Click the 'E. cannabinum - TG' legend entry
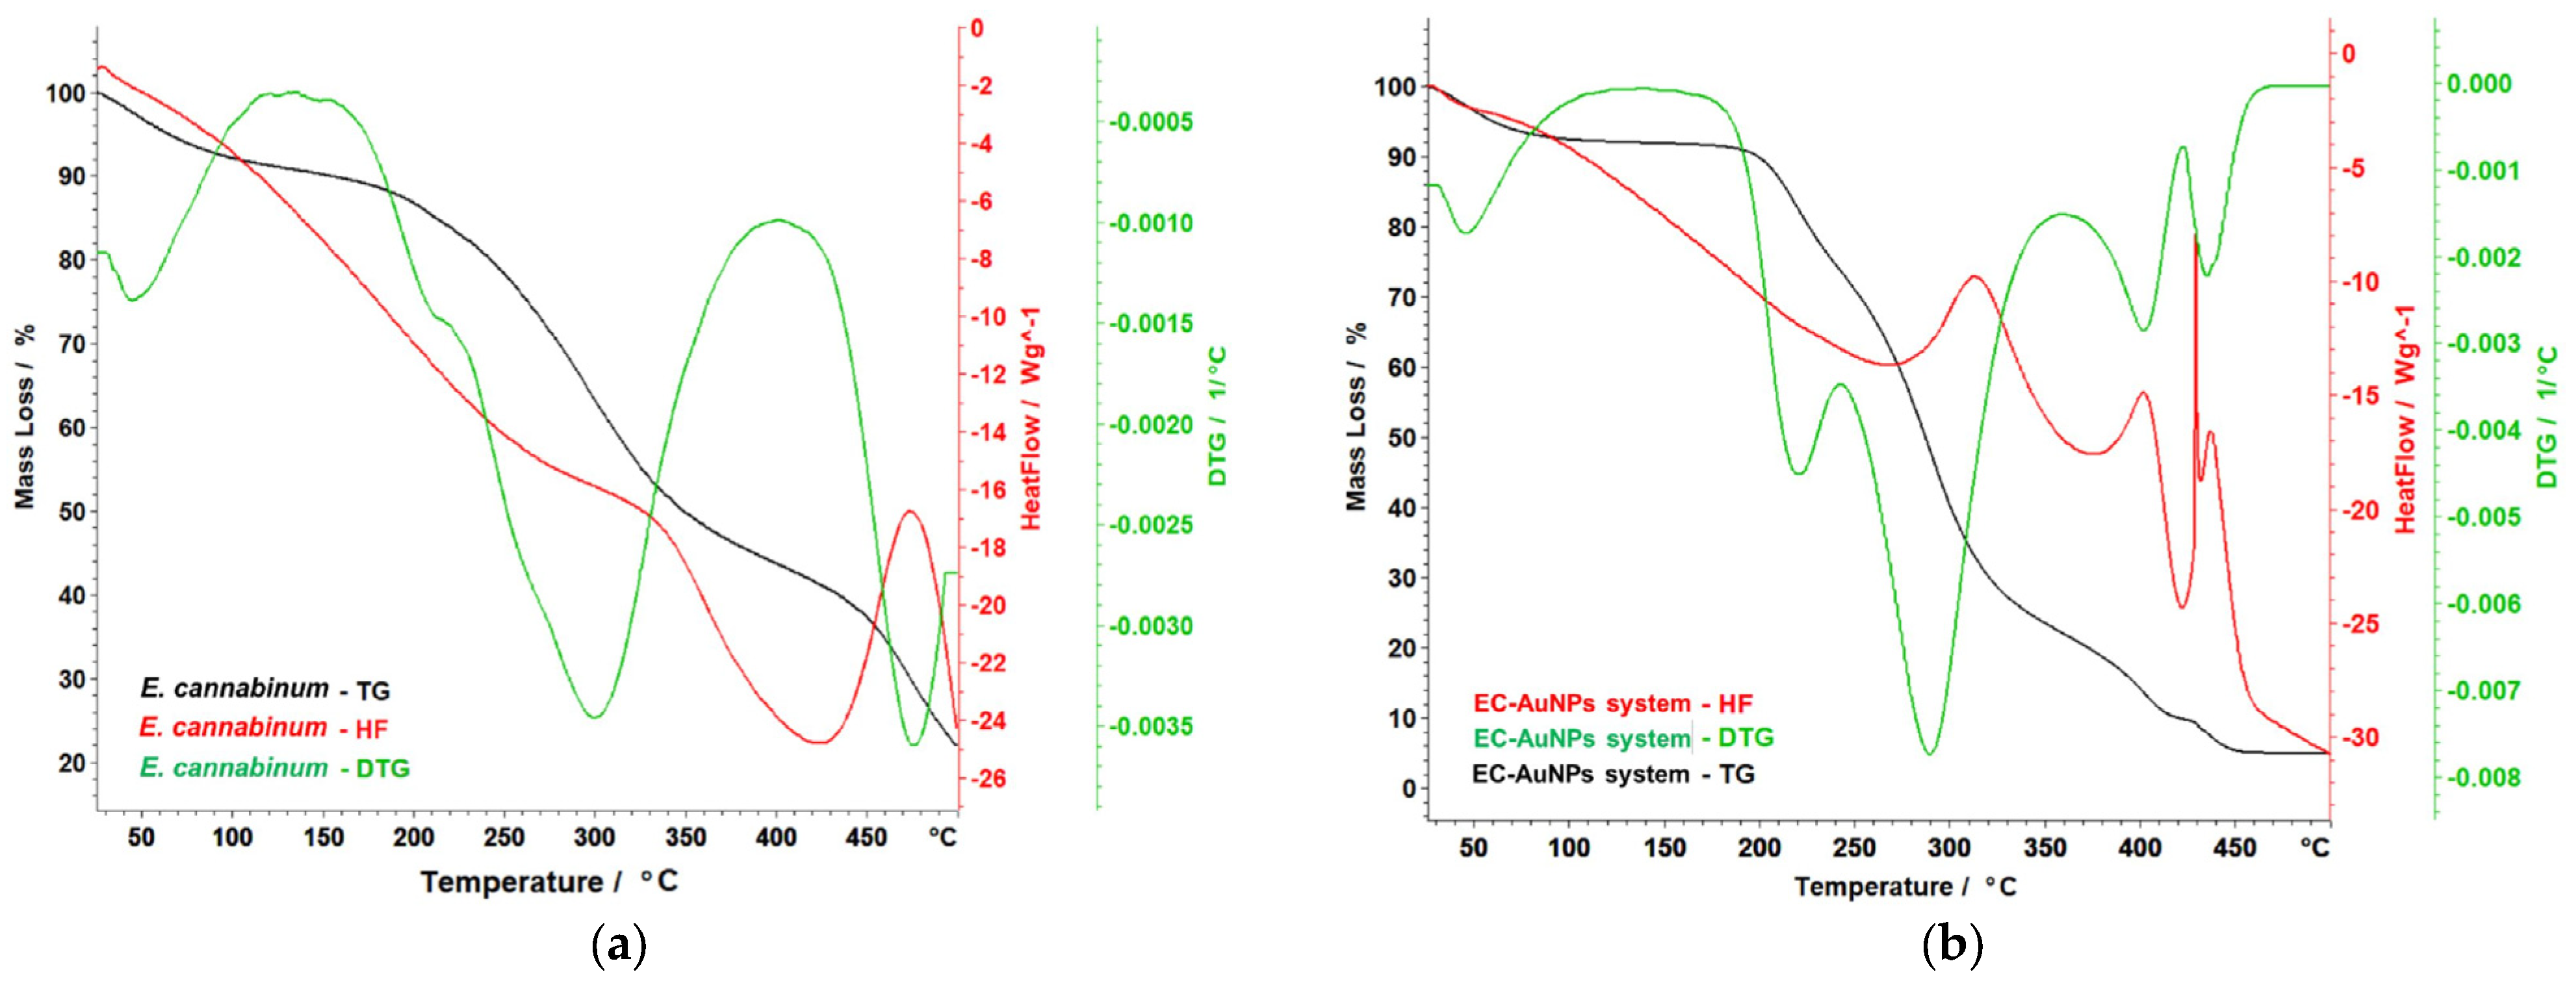(x=265, y=689)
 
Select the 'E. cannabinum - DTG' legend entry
(x=274, y=767)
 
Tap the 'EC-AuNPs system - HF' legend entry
(x=1612, y=704)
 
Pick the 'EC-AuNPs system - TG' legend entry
(x=1612, y=774)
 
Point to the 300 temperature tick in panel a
(x=595, y=838)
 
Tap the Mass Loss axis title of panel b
(x=1356, y=416)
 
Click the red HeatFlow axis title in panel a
(x=1030, y=418)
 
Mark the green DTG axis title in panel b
(x=2548, y=416)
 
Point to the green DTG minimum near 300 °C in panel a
(x=595, y=717)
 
